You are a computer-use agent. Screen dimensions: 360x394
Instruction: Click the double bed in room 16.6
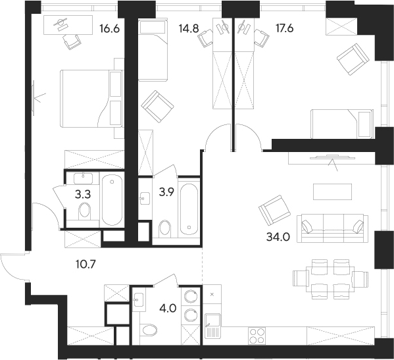pos(91,99)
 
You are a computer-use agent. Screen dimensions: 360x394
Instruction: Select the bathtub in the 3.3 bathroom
pos(111,199)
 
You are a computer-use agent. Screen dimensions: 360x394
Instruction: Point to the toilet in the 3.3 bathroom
pos(84,210)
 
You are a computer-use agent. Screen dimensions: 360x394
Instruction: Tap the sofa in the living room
pos(332,227)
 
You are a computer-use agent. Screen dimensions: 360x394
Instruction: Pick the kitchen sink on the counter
pos(212,327)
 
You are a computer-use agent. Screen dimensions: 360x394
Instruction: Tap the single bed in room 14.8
pos(153,50)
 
